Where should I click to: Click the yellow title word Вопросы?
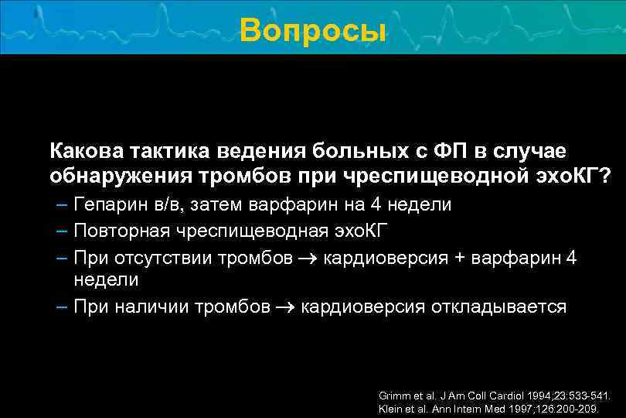pos(312,31)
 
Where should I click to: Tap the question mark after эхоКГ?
pos(604,176)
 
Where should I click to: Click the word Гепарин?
pos(107,205)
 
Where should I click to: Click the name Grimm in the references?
pos(392,395)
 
